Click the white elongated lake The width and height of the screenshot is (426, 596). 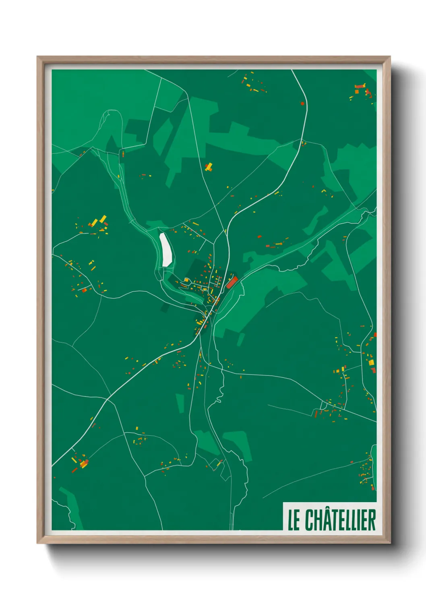165,250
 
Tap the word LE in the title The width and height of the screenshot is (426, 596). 294,520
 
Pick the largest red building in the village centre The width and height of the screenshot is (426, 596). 231,282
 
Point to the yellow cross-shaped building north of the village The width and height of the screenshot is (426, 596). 209,167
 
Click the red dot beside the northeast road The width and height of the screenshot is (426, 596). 302,103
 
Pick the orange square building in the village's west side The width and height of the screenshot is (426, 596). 186,280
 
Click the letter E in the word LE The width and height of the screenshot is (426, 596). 297,520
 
